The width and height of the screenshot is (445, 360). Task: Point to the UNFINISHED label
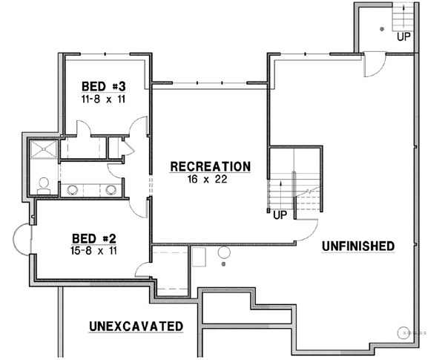click(357, 246)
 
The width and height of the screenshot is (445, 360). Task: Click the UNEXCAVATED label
click(136, 326)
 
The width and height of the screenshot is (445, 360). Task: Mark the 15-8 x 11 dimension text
click(93, 251)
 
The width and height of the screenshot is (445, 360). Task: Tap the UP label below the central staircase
click(279, 215)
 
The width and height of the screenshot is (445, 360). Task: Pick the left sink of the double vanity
click(73, 189)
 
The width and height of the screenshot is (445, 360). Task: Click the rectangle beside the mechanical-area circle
click(199, 258)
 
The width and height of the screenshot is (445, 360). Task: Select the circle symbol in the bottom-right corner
click(404, 332)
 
